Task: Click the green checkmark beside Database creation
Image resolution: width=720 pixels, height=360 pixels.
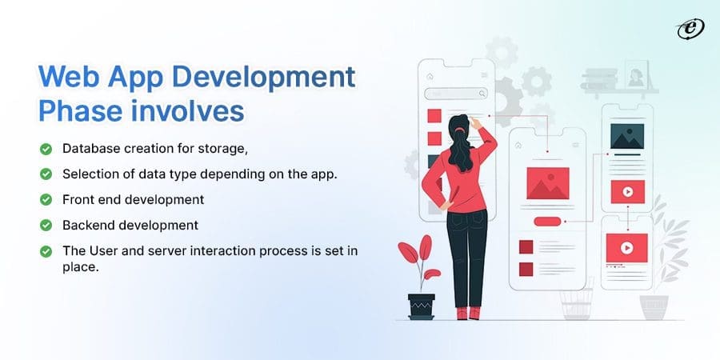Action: coord(46,149)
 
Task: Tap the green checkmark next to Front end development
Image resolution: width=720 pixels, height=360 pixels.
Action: coord(46,199)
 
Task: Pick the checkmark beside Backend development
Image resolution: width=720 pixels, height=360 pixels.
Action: coord(46,225)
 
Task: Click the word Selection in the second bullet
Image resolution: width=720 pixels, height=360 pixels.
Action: coord(90,174)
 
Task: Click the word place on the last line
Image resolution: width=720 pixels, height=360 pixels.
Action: coord(79,268)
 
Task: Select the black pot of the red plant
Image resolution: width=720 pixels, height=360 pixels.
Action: coord(421,306)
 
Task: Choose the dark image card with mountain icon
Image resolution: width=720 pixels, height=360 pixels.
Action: coord(626,136)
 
